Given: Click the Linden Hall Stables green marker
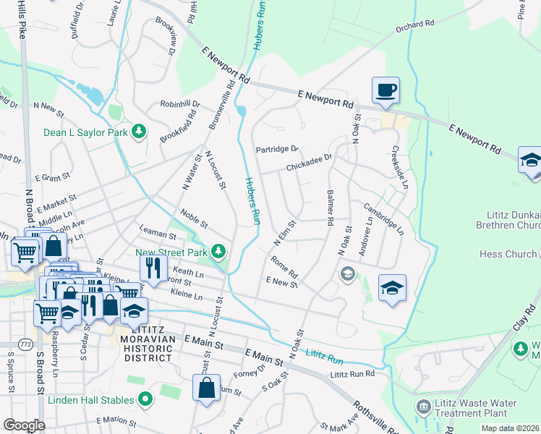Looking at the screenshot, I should tap(145, 399).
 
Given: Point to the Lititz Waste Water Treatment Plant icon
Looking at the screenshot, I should tap(422, 408).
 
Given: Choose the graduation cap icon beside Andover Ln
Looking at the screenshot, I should tap(392, 288).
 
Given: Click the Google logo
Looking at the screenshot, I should tap(24, 425).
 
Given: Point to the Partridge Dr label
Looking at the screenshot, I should tap(277, 149).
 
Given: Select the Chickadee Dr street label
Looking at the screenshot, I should tap(309, 167).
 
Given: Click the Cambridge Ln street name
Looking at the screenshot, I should tap(383, 218).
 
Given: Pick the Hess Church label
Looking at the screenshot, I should tap(508, 254).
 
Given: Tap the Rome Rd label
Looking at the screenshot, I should tap(284, 267).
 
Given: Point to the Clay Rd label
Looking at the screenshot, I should tap(527, 319).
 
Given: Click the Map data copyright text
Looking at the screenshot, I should tap(511, 428).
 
